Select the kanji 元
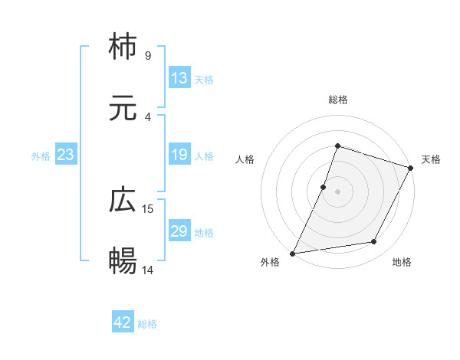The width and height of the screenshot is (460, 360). (x=123, y=108)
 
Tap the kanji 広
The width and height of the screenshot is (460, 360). (x=123, y=201)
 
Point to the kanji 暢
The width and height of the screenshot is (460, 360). (x=123, y=261)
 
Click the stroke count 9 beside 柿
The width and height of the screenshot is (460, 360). (x=147, y=55)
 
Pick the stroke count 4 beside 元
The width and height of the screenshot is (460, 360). (x=147, y=116)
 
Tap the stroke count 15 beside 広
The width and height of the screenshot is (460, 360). (x=149, y=208)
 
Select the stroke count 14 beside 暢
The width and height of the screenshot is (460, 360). (x=149, y=270)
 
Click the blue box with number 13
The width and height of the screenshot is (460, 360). (x=179, y=77)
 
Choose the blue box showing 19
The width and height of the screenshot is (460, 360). (x=179, y=155)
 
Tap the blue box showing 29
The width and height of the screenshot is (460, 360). (x=179, y=231)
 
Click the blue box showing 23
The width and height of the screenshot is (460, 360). (x=65, y=155)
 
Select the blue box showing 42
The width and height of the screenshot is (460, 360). (x=123, y=322)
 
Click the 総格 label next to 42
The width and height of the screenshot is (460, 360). (x=147, y=324)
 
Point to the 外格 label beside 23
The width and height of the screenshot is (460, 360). (x=41, y=156)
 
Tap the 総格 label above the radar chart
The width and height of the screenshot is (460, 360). (x=337, y=100)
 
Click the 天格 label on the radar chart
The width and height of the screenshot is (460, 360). (x=431, y=159)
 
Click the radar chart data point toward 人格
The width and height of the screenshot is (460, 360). (x=324, y=186)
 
